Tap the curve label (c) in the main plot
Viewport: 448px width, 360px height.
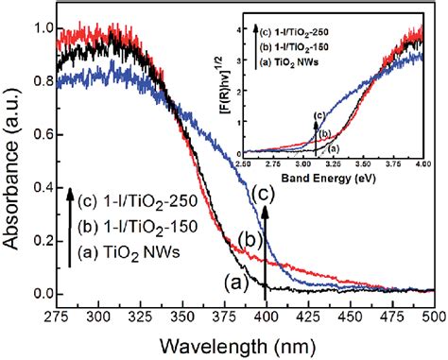pos(267,193)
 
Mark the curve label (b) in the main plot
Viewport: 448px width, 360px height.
pos(249,236)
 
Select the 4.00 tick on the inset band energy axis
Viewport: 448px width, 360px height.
pos(422,163)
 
